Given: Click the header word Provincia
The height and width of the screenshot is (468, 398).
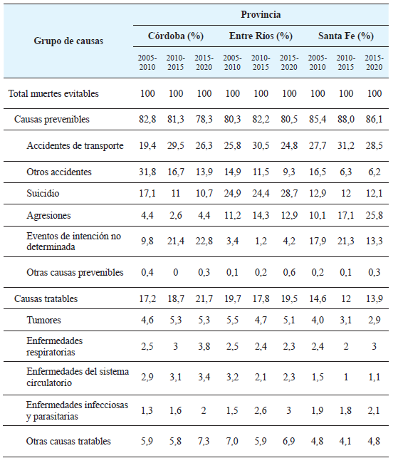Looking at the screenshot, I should coord(261,14).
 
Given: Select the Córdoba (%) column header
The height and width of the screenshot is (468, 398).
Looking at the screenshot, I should coord(175,36).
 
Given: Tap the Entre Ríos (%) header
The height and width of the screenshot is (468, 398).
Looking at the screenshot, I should coord(261,36).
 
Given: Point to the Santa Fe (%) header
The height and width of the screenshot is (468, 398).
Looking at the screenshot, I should coord(345,36).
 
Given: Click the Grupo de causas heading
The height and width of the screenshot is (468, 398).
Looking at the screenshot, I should coord(68,41).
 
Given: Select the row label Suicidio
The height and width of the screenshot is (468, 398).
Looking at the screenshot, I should coord(43,193).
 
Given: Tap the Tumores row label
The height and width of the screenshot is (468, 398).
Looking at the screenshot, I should coord(44,321).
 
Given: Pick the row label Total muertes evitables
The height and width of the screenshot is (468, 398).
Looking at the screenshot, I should coord(53,93).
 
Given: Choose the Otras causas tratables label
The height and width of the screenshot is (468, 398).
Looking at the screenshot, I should coord(68,441).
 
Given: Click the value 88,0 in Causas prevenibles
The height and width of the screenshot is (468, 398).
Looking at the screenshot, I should coord(345,119).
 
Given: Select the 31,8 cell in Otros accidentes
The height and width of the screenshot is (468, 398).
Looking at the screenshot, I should coord(147,172).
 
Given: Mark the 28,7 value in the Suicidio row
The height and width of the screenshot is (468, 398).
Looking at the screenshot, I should coord(289,193).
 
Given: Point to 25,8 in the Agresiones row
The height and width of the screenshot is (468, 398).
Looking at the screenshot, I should coord(373,214).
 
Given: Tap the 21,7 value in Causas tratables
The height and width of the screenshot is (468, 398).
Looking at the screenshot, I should coord(204,299).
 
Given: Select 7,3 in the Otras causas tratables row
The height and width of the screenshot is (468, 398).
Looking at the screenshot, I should coord(204,441).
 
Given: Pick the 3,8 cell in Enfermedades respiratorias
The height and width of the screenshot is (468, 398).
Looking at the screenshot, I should coord(204,346).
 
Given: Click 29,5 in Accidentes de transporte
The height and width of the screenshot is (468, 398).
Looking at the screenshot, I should coord(175,145).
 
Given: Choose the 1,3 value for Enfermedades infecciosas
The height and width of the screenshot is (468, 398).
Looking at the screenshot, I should coord(147,410).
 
